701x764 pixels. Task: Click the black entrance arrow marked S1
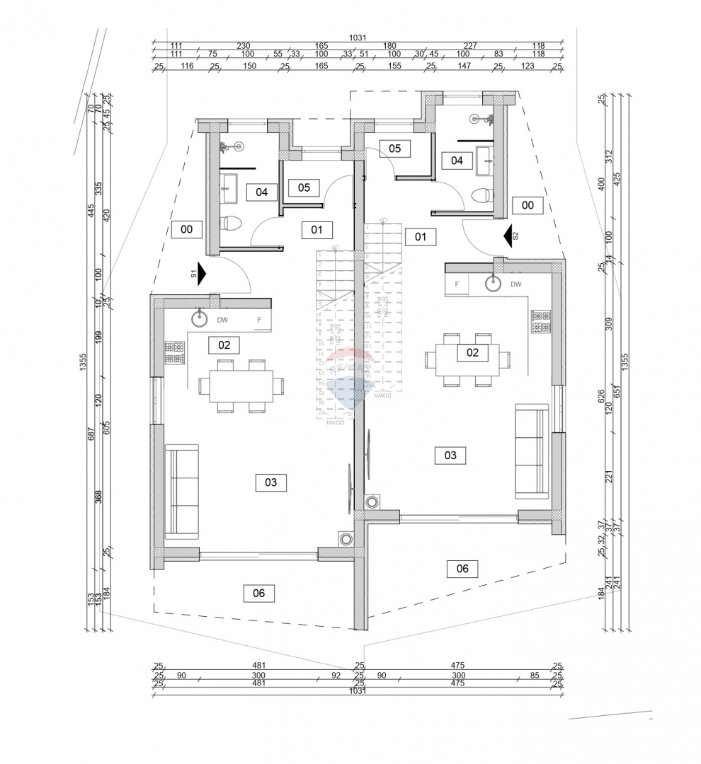pos(201,274)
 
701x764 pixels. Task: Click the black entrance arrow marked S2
pos(507,236)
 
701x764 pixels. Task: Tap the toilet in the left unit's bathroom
pos(232,224)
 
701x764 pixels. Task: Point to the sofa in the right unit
pos(531,452)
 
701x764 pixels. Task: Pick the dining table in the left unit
pos(240,386)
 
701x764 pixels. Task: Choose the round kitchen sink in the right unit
pos(494,284)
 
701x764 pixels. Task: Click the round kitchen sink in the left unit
pos(200,318)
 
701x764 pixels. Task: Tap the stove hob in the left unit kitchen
pos(175,352)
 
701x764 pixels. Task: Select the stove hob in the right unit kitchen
pos(542,321)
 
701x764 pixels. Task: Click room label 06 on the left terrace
pos(258,593)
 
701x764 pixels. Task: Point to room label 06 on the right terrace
pos(462,568)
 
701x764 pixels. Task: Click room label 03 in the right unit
pos(450,455)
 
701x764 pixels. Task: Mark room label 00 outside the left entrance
pos(187,229)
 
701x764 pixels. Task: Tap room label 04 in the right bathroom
pos(457,161)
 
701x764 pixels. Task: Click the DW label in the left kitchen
pos(222,320)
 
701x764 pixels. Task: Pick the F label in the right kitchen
pos(457,284)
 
